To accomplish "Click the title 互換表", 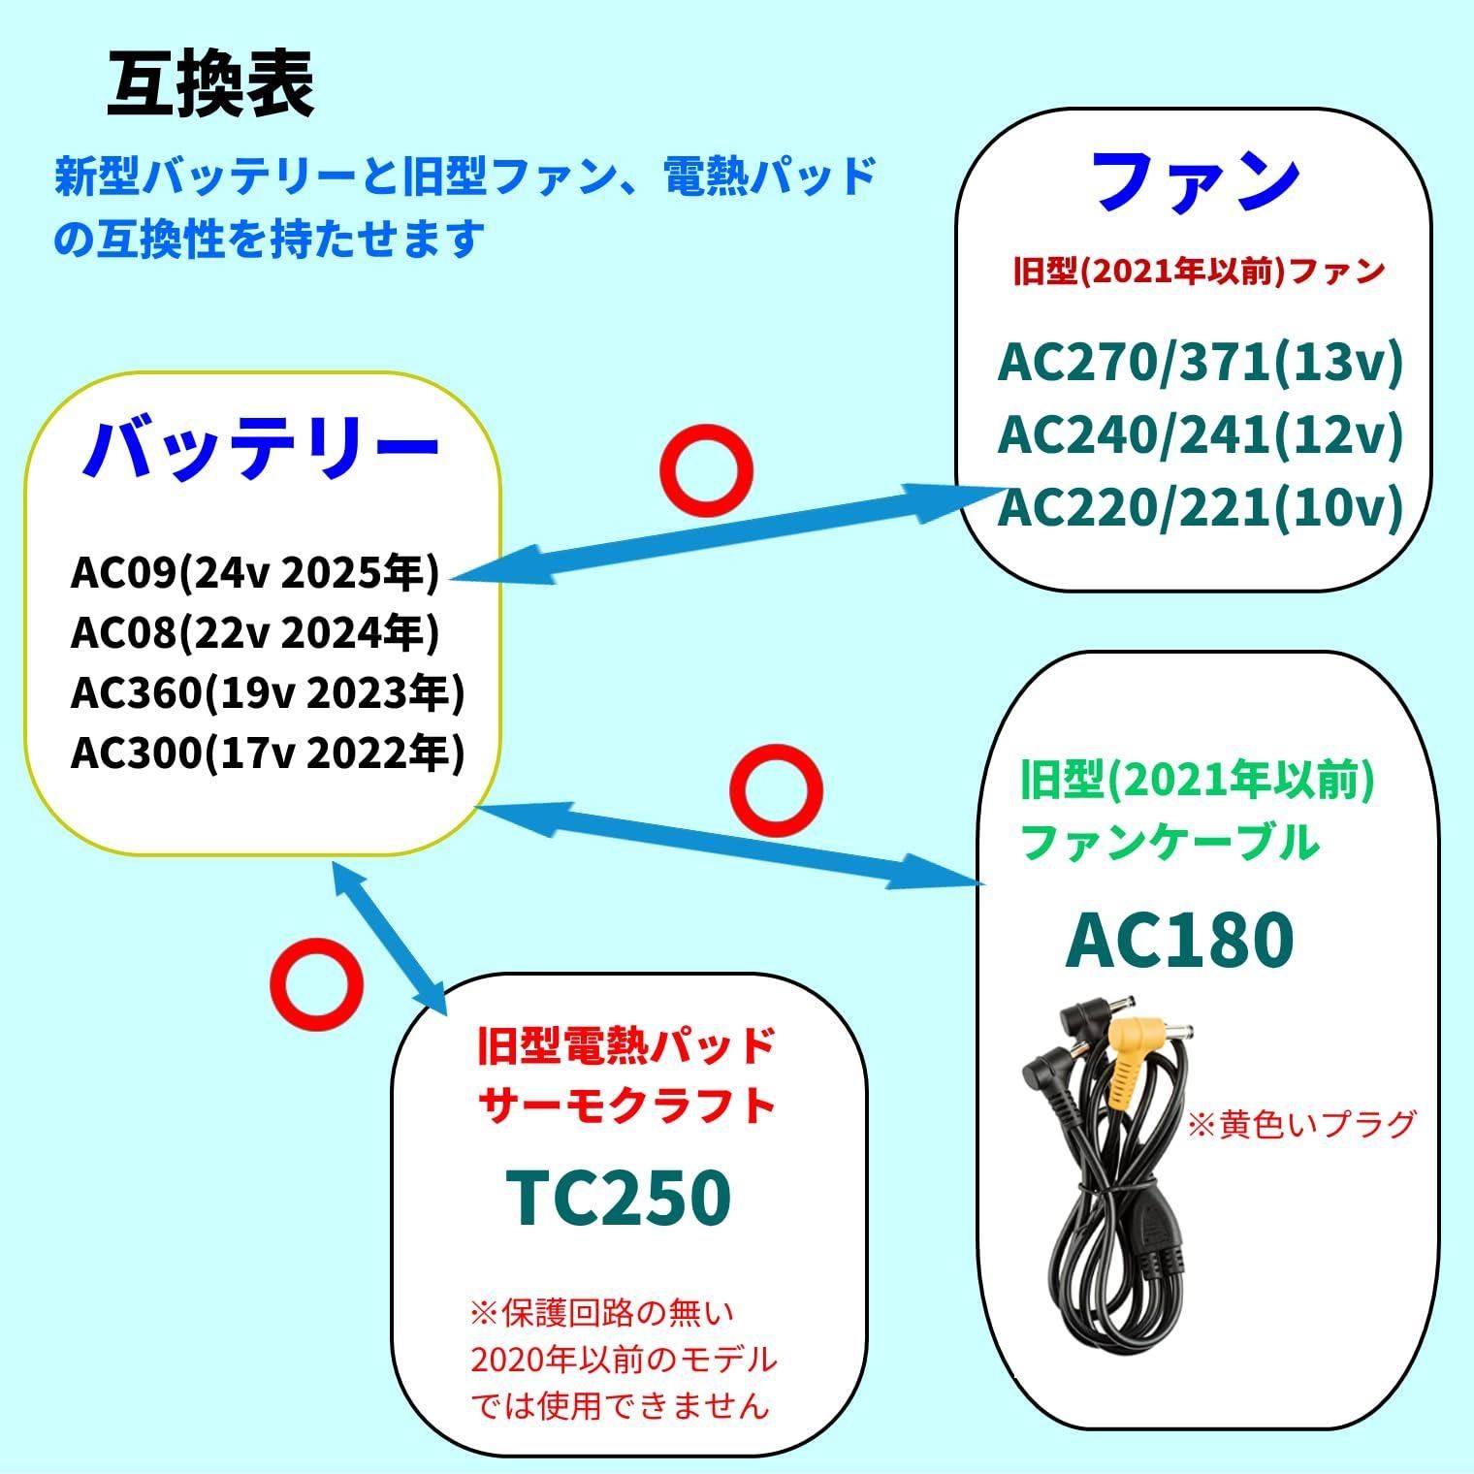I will pyautogui.click(x=210, y=86).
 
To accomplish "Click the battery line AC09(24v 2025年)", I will pyautogui.click(x=255, y=573).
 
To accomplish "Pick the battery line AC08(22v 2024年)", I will pyautogui.click(x=255, y=633).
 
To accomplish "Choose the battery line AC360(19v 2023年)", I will pyautogui.click(x=268, y=692).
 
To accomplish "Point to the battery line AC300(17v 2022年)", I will pyautogui.click(x=268, y=753).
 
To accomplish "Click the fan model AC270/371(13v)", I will pyautogui.click(x=1201, y=363).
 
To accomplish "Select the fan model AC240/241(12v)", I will pyautogui.click(x=1201, y=434).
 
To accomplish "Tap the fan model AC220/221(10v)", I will pyautogui.click(x=1201, y=506).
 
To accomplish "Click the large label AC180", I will pyautogui.click(x=1179, y=940).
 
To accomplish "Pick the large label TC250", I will pyautogui.click(x=620, y=1197).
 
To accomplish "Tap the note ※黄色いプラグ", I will pyautogui.click(x=1302, y=1125).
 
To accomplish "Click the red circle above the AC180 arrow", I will pyautogui.click(x=775, y=791).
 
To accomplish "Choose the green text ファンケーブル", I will pyautogui.click(x=1170, y=842).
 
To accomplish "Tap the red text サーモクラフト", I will pyautogui.click(x=628, y=1105).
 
